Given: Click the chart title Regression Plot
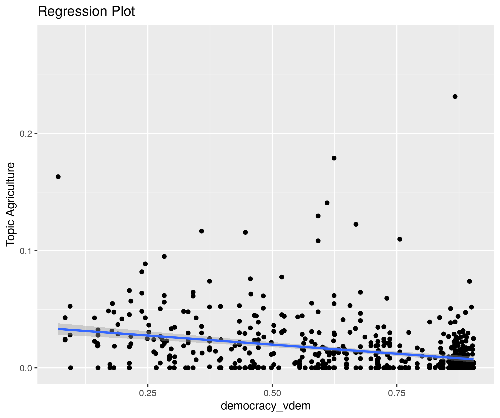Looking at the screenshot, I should [86, 12].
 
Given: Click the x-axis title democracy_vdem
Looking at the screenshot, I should [266, 406].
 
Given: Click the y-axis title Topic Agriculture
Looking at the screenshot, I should [11, 204].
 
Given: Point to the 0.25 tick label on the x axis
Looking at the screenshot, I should [148, 393].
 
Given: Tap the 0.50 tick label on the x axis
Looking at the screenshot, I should [272, 393].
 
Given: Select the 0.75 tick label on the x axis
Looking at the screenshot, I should [397, 393].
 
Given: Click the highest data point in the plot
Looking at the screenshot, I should [455, 97].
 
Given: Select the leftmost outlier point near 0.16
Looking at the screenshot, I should [58, 177].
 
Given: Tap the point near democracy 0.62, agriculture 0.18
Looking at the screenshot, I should [334, 158].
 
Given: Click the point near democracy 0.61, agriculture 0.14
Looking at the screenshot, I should [327, 203].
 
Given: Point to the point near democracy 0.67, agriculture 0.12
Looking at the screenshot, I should [356, 224].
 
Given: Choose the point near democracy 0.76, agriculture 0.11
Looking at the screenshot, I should [400, 239].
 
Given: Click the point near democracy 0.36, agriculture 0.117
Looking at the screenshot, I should [202, 231].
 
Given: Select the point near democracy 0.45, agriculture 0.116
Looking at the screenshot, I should [245, 232].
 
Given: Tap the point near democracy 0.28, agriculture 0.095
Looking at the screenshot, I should [164, 257].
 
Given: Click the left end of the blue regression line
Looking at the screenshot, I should [59, 329].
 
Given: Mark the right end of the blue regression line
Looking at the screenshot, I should [473, 359].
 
